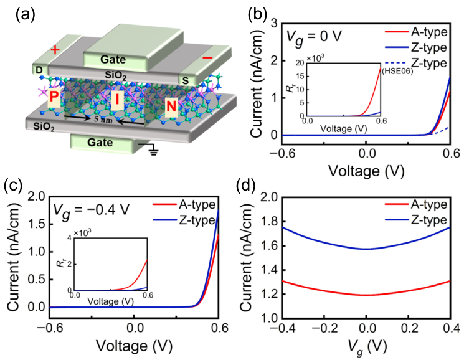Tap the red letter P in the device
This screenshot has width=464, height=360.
54,98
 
